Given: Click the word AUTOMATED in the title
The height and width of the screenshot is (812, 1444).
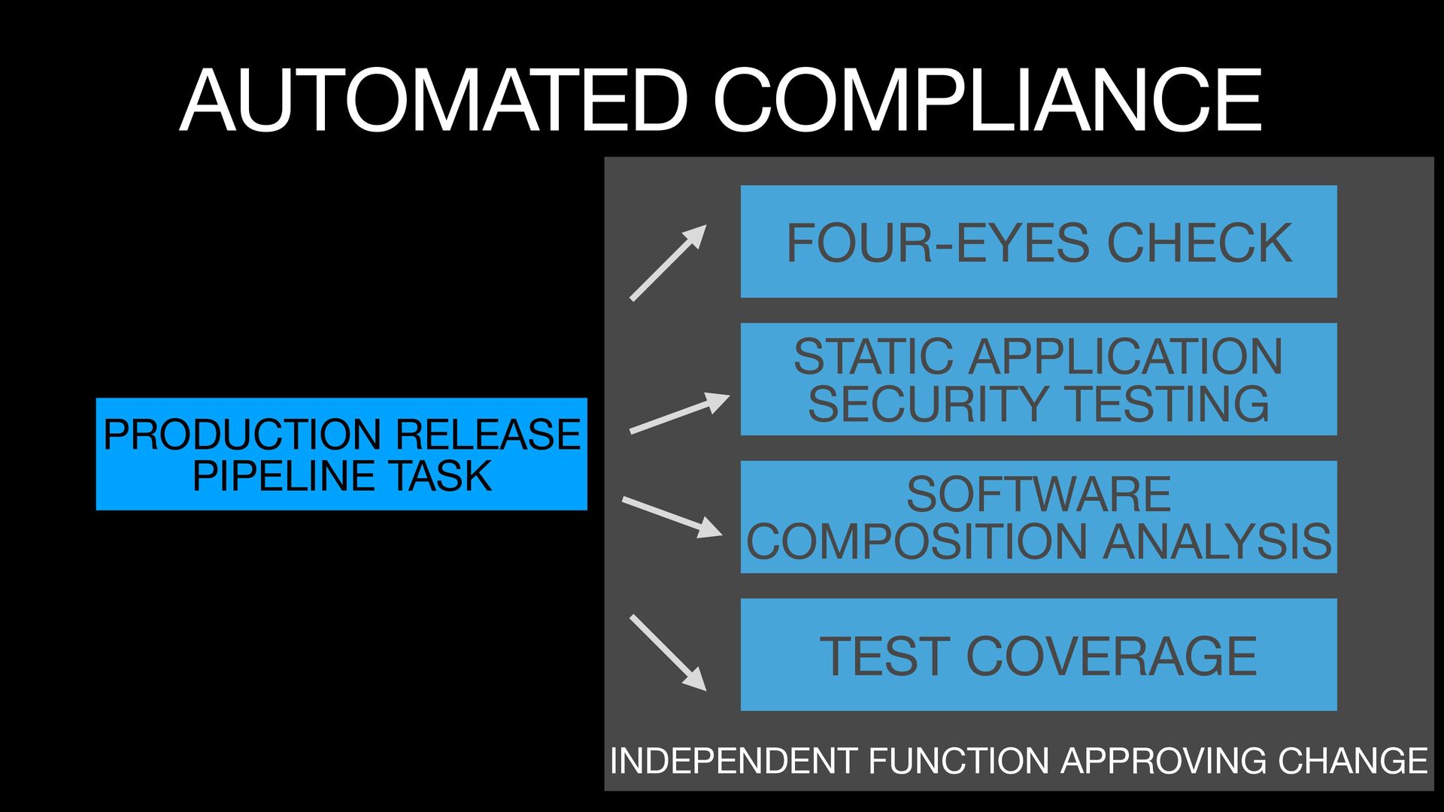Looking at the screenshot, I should point(434,101).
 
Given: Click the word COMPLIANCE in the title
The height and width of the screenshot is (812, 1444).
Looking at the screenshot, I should point(987,101).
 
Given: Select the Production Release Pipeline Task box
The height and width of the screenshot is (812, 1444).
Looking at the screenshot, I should point(341,454).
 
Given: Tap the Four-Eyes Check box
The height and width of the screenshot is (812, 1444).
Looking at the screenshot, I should point(1038,241).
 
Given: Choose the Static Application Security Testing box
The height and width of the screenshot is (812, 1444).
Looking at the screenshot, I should point(1038,379).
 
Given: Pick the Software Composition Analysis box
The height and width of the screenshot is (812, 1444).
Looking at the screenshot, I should point(1038,517).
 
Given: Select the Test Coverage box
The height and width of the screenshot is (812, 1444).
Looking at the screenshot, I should point(1038,655).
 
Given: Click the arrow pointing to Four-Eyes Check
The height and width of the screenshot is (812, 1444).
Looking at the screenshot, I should point(668,263).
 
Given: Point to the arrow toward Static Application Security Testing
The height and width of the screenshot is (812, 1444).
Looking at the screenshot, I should point(679,413).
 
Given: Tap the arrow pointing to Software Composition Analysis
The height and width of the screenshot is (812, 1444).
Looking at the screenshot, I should point(672,517).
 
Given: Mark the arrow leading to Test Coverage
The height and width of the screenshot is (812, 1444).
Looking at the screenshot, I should point(668,653).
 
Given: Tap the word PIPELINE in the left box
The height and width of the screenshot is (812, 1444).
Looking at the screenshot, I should point(285,476).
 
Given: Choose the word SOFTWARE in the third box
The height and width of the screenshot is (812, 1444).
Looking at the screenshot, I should point(1038,494).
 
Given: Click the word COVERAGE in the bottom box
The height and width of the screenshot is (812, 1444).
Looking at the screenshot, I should point(1111,656).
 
